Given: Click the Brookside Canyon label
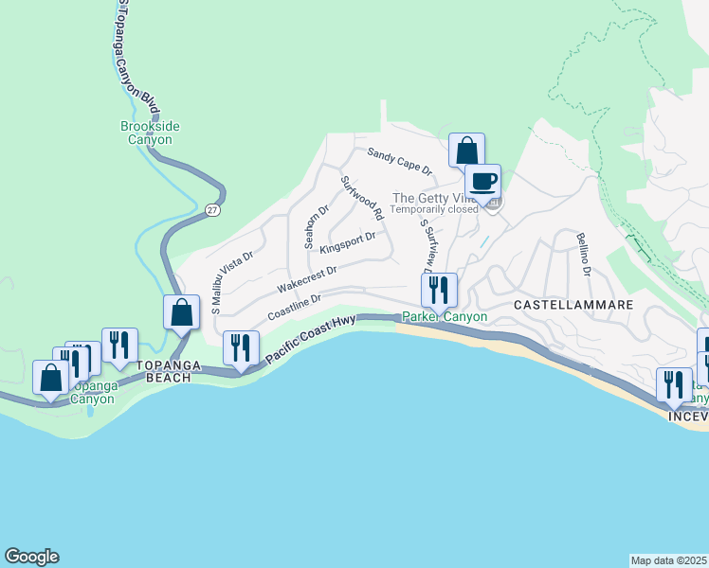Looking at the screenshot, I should [151, 133].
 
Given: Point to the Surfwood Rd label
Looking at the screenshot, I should [361, 199].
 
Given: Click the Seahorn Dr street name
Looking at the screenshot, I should [316, 227].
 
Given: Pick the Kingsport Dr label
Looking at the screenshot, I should [348, 242].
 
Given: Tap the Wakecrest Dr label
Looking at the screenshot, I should [307, 278].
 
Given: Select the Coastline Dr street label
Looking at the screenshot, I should [296, 306].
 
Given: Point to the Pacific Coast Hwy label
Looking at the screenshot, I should [310, 338].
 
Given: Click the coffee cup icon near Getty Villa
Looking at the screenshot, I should [482, 182].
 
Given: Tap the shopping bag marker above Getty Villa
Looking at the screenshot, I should [466, 151].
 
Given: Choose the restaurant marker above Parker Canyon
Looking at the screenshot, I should [438, 290].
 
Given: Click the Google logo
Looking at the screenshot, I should [31, 557].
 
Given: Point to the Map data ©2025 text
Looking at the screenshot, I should [668, 559].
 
